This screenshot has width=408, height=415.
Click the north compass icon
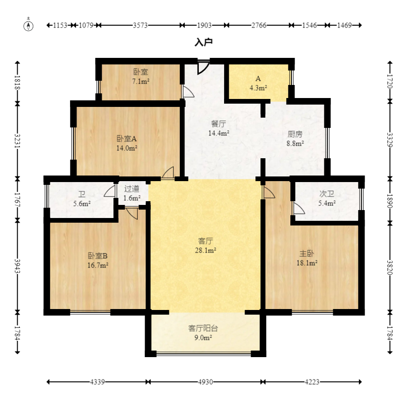coord(28,25)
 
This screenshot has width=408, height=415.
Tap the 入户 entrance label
coord(204,42)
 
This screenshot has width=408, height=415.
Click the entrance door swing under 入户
coord(204,67)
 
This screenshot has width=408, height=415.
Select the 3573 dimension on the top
coord(140,25)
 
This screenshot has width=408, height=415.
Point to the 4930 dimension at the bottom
coord(205,382)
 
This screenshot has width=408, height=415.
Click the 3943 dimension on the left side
coord(17,266)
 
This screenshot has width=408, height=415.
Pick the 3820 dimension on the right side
coord(390,267)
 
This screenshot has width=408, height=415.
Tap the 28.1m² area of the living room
coord(205,250)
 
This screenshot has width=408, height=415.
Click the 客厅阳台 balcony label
coord(203,328)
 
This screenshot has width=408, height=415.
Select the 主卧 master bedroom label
coord(307,253)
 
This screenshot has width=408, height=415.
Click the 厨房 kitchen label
coord(295,134)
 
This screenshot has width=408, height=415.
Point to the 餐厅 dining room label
coord(218,124)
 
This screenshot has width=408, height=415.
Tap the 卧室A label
coord(127,139)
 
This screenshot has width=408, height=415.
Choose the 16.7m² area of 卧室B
coord(98,265)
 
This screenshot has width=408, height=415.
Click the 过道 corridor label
coord(132,189)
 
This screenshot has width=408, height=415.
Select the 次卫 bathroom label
coord(327,194)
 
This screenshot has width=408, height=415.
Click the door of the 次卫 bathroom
coord(298,208)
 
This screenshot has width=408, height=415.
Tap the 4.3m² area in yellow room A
coord(258,88)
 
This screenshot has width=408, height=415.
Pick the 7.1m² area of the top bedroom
coord(141,81)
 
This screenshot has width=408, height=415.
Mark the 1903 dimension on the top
coord(204,25)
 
